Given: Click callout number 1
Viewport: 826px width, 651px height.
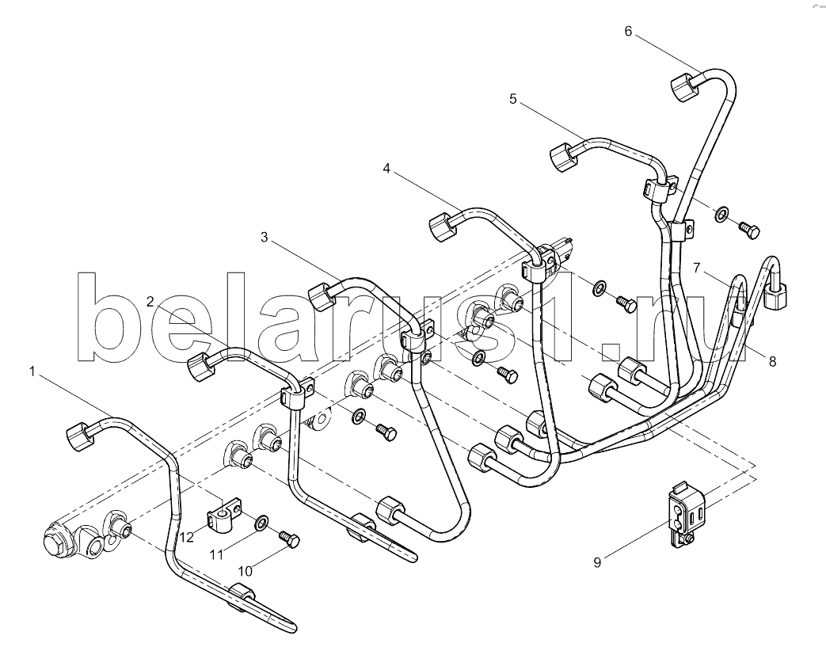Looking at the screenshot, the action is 32,372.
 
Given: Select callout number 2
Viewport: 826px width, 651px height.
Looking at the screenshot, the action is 150,301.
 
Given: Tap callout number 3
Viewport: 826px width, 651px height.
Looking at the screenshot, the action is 264,238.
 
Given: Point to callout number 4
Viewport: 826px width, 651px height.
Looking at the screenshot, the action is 386,169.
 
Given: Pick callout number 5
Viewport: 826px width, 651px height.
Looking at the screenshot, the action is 513,98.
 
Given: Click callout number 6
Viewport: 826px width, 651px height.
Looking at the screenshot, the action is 628,31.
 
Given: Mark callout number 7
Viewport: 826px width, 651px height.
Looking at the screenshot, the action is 696,268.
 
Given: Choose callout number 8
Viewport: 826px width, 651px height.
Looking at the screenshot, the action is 772,362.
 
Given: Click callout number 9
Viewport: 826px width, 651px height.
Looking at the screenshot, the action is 597,562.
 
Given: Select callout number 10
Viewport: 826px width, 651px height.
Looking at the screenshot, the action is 245,571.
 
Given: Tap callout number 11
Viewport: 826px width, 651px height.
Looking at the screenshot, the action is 216,554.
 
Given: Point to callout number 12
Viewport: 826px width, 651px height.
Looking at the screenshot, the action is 187,537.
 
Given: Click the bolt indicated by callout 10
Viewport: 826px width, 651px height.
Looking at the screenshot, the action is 289,539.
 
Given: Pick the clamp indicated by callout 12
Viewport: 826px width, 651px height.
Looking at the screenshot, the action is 222,515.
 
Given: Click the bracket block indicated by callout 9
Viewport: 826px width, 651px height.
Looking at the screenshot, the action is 687,516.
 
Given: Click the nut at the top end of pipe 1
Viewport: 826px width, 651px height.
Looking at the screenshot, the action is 81,436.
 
